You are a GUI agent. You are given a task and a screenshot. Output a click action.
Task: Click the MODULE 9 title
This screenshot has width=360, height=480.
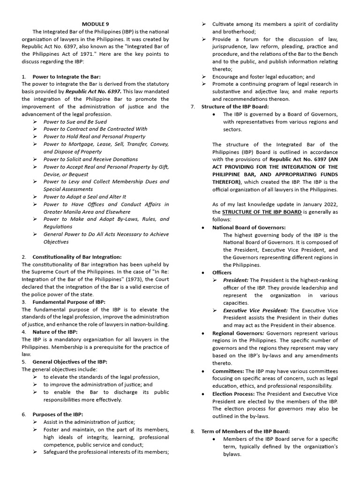[96, 24]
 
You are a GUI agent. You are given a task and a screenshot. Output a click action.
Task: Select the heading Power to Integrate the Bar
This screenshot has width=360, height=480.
[67, 76]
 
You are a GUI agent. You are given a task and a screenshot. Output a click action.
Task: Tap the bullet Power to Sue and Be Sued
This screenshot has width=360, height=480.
[75, 121]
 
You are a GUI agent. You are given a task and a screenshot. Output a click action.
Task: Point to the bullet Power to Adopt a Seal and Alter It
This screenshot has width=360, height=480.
[84, 196]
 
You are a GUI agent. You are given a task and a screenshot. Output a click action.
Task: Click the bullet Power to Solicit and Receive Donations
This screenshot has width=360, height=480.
[90, 159]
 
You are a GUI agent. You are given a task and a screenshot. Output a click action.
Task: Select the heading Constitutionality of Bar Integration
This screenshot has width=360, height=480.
[77, 257]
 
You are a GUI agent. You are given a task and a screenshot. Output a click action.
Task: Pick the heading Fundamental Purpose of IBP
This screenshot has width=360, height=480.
[69, 302]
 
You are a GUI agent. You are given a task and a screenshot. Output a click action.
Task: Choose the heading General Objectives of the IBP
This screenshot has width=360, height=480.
[70, 362]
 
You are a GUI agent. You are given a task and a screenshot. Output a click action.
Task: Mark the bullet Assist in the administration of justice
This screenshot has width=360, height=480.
[89, 422]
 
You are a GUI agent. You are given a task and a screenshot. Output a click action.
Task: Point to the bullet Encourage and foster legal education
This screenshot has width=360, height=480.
[263, 76]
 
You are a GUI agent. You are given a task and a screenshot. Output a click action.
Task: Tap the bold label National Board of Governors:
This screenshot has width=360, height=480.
[249, 227]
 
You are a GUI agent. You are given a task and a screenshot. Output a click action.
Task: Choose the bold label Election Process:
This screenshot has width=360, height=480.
[233, 394]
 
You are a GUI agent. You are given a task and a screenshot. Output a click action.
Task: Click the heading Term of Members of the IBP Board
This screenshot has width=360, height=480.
[246, 431]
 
